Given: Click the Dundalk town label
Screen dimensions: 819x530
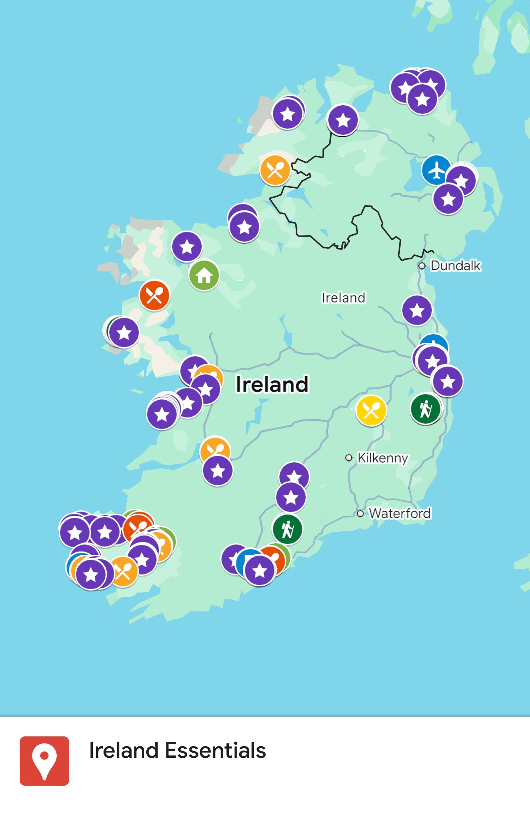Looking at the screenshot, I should (455, 266).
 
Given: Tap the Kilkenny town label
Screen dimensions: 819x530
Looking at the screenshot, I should (383, 458).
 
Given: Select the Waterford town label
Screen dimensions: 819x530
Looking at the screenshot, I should (400, 513).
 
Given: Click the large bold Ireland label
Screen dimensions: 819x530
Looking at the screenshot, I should (272, 385).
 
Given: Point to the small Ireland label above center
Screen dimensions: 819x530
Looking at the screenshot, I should (343, 298).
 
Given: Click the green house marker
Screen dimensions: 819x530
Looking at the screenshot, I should (204, 275).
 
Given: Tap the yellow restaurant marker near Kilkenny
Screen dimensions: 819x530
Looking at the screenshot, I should (371, 410).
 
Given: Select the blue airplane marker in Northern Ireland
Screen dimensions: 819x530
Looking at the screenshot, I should (436, 170).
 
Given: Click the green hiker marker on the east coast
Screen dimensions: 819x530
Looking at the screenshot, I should (426, 409).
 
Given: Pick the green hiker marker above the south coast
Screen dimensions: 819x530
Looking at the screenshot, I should (288, 529).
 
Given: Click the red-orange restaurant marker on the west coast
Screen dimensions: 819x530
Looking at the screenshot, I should (154, 295).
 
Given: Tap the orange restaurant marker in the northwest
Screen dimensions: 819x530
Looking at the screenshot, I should (275, 170).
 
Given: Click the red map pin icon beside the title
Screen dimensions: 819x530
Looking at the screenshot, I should (44, 761).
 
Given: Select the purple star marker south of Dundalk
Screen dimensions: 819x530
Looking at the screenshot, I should (417, 310).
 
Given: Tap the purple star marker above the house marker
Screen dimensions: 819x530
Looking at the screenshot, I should (187, 247).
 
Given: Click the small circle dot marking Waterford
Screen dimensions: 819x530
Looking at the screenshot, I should (360, 514).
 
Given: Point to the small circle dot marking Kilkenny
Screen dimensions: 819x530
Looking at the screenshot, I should (349, 458).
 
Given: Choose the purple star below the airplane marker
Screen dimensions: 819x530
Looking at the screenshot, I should (448, 199).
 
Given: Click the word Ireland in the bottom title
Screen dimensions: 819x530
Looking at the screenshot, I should (124, 750).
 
